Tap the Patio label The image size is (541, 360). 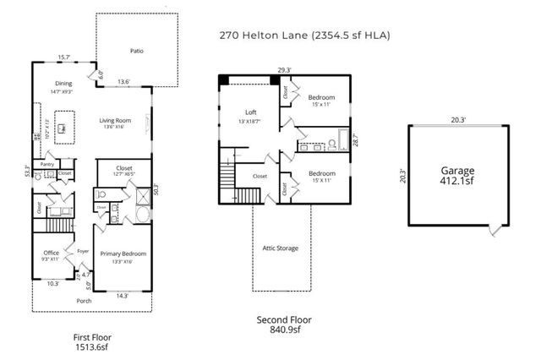click(136, 51)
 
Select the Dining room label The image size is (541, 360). click(63, 84)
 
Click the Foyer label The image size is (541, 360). click(83, 251)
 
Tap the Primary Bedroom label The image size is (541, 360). click(123, 253)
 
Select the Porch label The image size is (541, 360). click(84, 300)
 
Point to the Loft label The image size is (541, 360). click(250, 112)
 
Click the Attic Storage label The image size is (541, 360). click(280, 248)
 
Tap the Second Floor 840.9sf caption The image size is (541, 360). click(284, 325)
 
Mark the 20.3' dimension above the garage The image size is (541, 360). click(457, 120)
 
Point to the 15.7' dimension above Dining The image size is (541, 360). click(63, 57)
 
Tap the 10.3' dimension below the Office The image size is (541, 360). click(52, 283)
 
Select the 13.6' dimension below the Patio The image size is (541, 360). click(123, 82)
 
